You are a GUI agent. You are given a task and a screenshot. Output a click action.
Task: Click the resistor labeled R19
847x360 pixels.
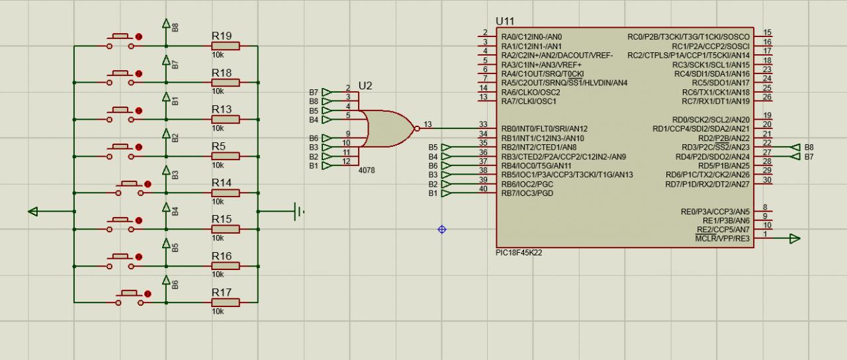click(x=225, y=46)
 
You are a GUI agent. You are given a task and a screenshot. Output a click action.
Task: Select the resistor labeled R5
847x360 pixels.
click(x=225, y=156)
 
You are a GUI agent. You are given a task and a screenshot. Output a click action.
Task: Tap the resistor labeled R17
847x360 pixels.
click(x=225, y=302)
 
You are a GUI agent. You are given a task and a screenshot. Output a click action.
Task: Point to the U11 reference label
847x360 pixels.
click(x=504, y=22)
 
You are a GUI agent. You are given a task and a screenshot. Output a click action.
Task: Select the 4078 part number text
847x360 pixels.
click(x=366, y=170)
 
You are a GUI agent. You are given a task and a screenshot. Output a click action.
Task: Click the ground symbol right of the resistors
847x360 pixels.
click(x=299, y=212)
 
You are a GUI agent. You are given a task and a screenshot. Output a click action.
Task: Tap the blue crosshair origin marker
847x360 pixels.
click(x=442, y=230)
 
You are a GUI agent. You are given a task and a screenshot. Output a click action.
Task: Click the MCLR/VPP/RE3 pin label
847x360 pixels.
click(x=723, y=238)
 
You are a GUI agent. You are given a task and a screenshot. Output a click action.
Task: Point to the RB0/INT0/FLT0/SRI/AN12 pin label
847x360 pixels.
click(x=545, y=128)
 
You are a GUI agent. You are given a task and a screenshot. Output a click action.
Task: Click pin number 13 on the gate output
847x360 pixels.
click(x=428, y=124)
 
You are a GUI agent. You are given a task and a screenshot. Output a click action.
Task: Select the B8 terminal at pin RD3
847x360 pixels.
click(x=797, y=147)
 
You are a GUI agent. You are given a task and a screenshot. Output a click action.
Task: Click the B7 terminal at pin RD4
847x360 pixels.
click(x=797, y=156)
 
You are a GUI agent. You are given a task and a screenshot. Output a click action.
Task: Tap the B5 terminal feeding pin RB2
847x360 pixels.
click(x=446, y=147)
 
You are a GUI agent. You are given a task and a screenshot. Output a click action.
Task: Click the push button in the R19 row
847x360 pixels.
click(x=124, y=41)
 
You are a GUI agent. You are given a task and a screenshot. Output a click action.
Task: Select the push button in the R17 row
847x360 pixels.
click(x=130, y=297)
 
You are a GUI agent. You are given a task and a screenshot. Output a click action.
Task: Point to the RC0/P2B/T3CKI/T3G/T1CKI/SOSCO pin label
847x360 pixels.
click(x=688, y=37)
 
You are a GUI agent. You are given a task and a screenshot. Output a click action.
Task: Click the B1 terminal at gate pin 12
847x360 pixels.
click(x=326, y=165)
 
